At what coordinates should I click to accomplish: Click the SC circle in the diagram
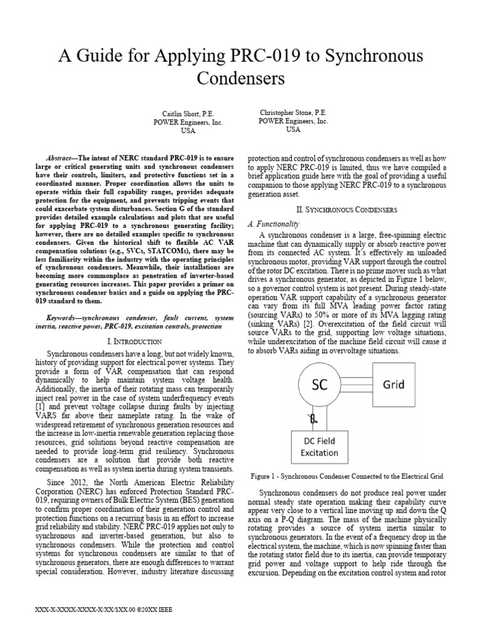(x=320, y=386)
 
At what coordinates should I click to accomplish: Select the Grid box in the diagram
(x=394, y=384)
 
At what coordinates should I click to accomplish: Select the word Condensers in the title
(x=241, y=79)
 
